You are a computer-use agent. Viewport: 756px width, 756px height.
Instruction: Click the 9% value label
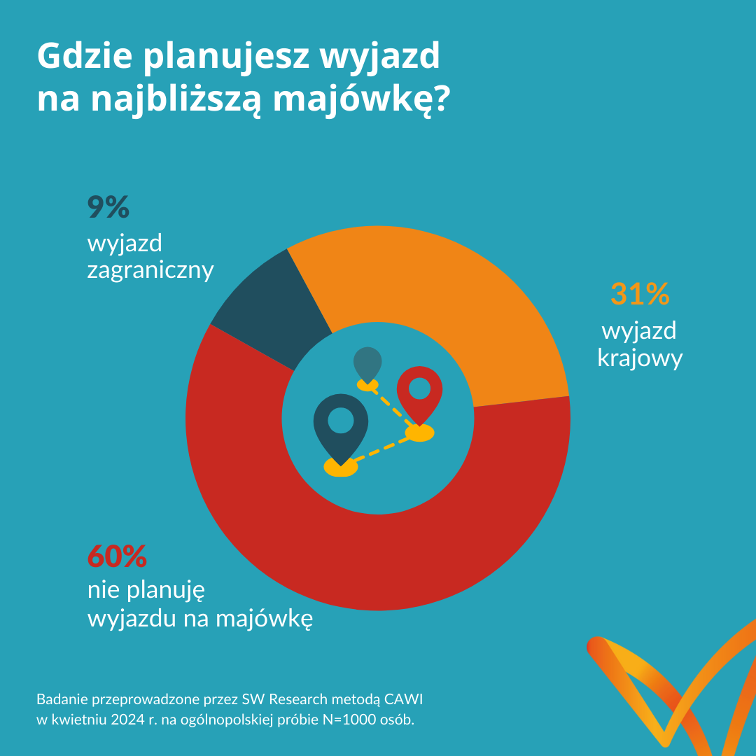(x=108, y=208)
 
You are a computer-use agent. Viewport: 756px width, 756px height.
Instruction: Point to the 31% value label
(x=640, y=295)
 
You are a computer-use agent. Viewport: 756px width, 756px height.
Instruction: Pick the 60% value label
(x=117, y=556)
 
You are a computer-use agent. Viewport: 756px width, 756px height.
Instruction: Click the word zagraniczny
(x=150, y=270)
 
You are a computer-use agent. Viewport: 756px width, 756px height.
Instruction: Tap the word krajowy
(x=640, y=358)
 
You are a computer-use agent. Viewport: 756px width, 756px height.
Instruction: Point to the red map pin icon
(x=419, y=392)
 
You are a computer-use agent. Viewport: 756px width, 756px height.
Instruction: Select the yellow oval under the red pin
(x=419, y=433)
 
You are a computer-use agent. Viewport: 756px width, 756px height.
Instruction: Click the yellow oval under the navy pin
(x=341, y=467)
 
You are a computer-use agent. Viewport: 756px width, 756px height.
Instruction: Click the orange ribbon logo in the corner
(x=665, y=693)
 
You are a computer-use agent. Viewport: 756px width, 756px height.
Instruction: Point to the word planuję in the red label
(x=165, y=591)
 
